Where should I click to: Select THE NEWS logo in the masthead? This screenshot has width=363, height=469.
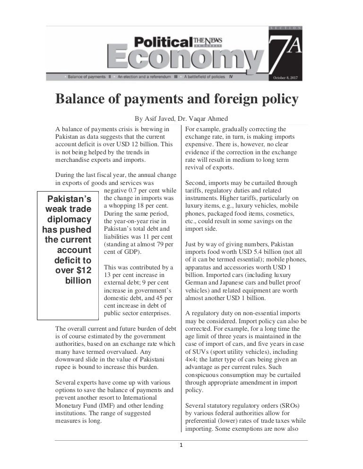point(208,41)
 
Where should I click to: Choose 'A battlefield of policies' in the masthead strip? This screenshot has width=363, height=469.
point(206,76)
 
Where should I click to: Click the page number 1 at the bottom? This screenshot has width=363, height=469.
point(181,444)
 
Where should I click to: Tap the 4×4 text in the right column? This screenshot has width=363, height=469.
point(192,360)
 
